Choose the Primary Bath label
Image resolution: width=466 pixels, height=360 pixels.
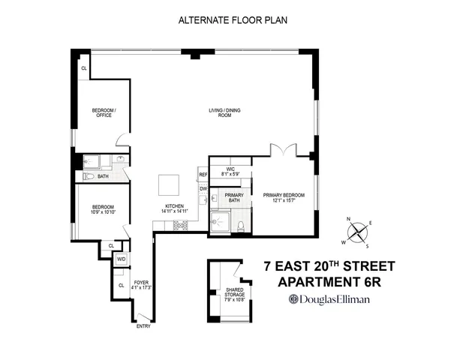click(x=232, y=197)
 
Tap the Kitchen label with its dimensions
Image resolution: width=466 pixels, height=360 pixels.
click(x=174, y=209)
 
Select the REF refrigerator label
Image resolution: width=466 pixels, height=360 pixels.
click(x=203, y=175)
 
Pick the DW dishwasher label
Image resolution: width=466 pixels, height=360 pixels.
click(x=203, y=188)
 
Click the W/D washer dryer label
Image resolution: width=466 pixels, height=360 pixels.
click(x=121, y=259)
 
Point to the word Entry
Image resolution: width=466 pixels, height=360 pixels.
click(x=143, y=326)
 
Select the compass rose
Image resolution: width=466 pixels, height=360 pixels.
click(x=357, y=232)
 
